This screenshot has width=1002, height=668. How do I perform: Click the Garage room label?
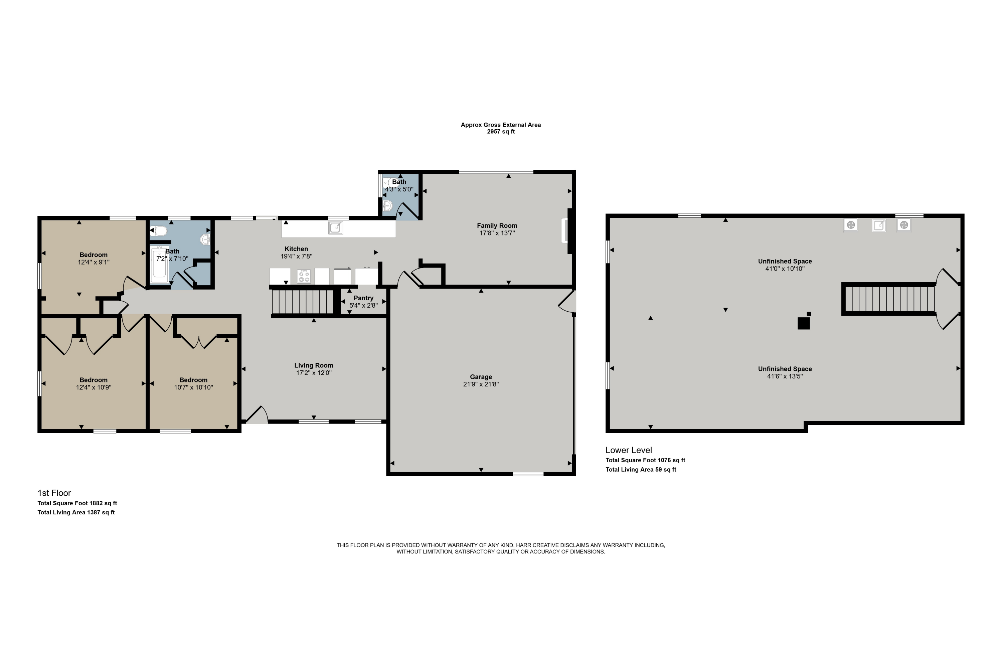pyautogui.click(x=481, y=377)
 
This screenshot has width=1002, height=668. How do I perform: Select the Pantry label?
pyautogui.click(x=363, y=298)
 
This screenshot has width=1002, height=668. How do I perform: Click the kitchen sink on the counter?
pyautogui.click(x=336, y=228)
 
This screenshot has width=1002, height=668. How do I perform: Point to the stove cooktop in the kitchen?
pyautogui.click(x=304, y=276)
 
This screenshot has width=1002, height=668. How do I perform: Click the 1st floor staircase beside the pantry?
pyautogui.click(x=303, y=302)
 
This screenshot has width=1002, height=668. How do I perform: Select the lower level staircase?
pyautogui.click(x=889, y=299)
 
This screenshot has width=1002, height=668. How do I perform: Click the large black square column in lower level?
pyautogui.click(x=804, y=324)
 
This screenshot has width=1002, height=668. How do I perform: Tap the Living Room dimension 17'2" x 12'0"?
pyautogui.click(x=314, y=373)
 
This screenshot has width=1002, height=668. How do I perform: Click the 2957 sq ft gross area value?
pyautogui.click(x=501, y=132)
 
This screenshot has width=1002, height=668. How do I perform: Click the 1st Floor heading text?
pyautogui.click(x=54, y=493)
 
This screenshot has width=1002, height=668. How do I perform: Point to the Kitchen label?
pyautogui.click(x=296, y=249)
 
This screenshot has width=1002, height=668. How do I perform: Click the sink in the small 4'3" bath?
pyautogui.click(x=387, y=206)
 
